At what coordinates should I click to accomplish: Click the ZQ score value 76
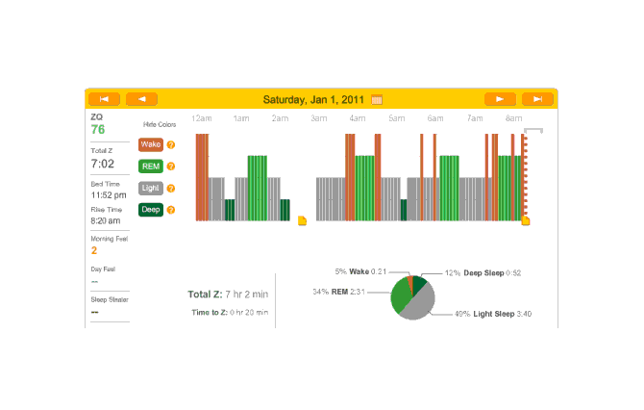pos(98,130)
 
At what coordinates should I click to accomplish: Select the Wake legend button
pos(151,144)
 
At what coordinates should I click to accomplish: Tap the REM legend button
pos(151,166)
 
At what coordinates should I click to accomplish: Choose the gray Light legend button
pos(151,188)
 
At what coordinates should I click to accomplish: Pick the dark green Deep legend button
pos(151,209)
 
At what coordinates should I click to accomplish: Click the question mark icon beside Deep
pos(171,210)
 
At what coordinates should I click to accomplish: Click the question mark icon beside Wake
pos(171,145)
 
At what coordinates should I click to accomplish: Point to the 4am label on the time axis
pos(358,118)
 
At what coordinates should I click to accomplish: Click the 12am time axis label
pos(202,118)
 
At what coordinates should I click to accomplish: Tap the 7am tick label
pos(475,118)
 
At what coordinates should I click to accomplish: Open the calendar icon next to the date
pos(377,99)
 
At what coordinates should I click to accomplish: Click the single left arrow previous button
pos(141,98)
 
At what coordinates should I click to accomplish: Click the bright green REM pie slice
pos(400,298)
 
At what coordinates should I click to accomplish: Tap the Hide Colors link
pos(159,125)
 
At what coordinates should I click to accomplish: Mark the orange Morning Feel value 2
pos(94,250)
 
